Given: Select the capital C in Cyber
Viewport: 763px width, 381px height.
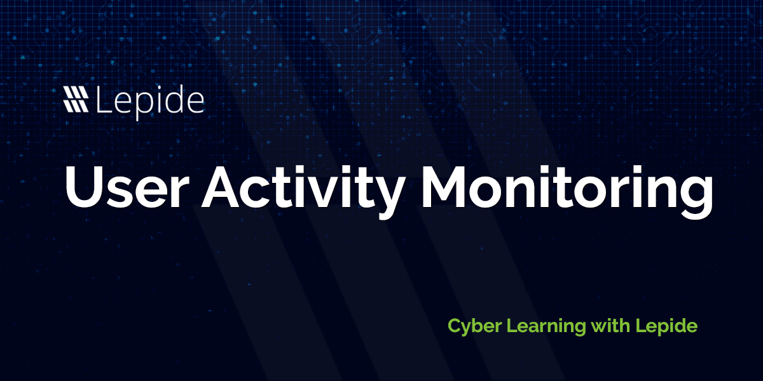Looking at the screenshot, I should click(454, 326).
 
